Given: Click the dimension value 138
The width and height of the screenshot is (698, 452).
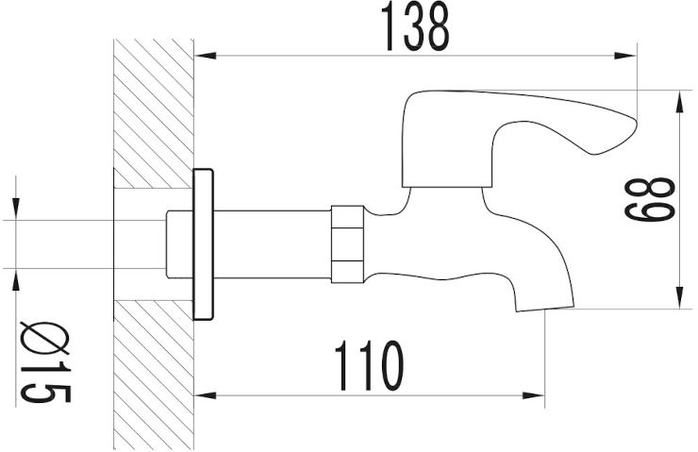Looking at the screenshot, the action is (415, 26).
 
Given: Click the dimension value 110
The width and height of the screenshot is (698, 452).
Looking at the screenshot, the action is (369, 366).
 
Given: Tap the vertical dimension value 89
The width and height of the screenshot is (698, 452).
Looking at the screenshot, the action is (649, 199).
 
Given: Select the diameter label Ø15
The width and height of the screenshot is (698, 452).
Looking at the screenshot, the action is (46, 361).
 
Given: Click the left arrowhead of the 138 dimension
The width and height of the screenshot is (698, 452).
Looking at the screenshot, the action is (206, 56).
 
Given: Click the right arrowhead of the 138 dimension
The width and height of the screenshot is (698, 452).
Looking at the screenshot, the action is (625, 56).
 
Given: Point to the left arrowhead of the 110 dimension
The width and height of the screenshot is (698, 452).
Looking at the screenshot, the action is (206, 395).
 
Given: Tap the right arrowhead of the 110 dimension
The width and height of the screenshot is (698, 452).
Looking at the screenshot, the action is (533, 395).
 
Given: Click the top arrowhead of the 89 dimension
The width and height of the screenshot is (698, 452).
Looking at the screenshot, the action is (680, 102).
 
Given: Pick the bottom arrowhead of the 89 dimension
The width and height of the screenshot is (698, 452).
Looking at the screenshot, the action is (680, 297).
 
